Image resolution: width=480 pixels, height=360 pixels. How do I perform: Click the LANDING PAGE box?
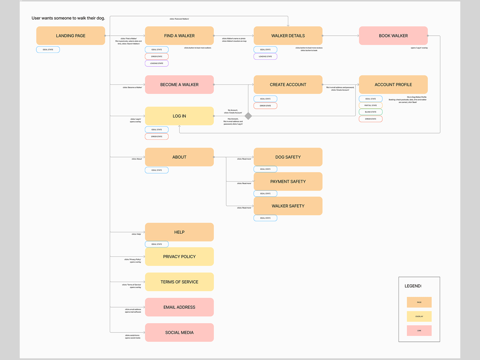pyautogui.click(x=70, y=36)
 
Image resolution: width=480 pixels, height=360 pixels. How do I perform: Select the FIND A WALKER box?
pyautogui.click(x=179, y=36)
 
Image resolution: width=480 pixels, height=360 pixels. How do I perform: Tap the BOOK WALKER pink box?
pyautogui.click(x=393, y=36)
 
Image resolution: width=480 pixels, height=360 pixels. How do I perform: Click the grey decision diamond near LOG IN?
pyautogui.click(x=248, y=116)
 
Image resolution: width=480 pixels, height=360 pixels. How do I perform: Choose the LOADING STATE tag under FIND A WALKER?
pyautogui.click(x=157, y=63)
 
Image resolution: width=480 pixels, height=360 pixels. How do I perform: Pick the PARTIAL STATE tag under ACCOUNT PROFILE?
pyautogui.click(x=370, y=105)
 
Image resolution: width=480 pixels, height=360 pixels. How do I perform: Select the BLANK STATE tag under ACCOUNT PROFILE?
pyautogui.click(x=370, y=112)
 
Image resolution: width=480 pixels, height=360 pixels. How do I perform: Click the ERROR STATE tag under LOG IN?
pyautogui.click(x=157, y=136)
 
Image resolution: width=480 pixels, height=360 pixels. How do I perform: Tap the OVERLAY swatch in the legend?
pyautogui.click(x=419, y=316)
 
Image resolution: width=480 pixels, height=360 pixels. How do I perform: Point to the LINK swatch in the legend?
pyautogui.click(x=419, y=331)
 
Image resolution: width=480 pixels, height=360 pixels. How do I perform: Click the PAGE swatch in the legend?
pyautogui.click(x=419, y=302)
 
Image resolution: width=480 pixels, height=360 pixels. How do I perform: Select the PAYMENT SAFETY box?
pyautogui.click(x=288, y=182)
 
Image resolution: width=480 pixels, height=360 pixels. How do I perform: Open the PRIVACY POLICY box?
pyautogui.click(x=179, y=257)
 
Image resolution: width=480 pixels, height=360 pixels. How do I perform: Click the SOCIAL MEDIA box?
pyautogui.click(x=179, y=332)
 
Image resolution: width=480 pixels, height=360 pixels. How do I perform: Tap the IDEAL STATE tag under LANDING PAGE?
pyautogui.click(x=48, y=50)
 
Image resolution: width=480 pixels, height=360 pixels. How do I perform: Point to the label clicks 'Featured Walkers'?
pyautogui.click(x=179, y=19)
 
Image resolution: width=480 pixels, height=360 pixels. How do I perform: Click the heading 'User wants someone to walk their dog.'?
pyautogui.click(x=68, y=18)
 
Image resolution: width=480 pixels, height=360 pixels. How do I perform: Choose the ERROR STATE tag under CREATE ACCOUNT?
pyautogui.click(x=265, y=106)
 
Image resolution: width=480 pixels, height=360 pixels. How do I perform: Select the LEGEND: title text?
pyautogui.click(x=413, y=286)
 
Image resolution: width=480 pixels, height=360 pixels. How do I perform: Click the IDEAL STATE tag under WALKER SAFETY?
pyautogui.click(x=265, y=218)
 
